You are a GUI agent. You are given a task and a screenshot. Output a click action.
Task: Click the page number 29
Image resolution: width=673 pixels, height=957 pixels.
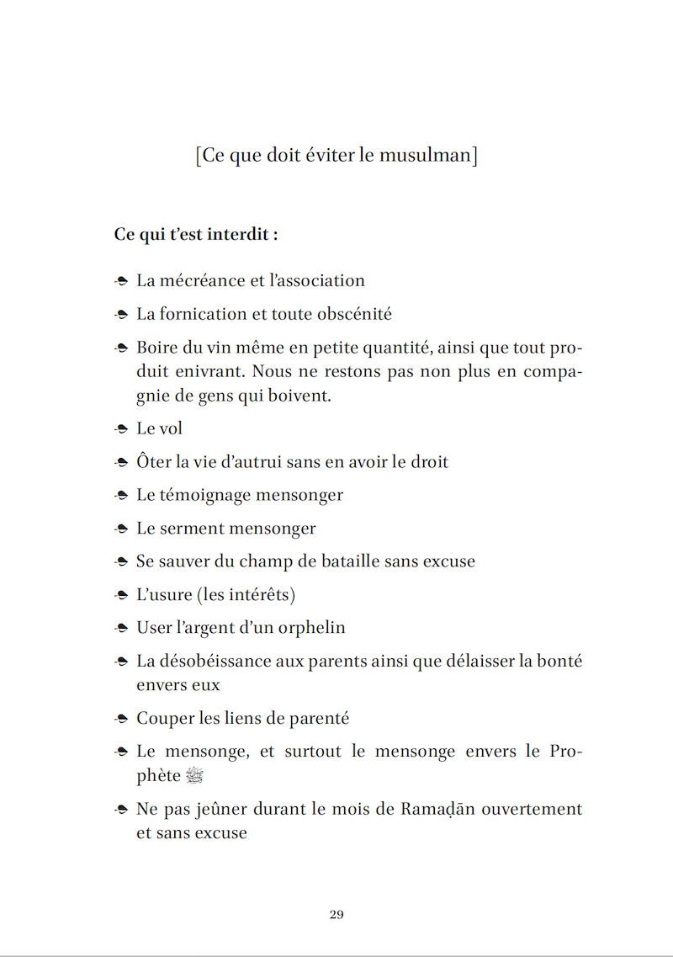pos(336,915)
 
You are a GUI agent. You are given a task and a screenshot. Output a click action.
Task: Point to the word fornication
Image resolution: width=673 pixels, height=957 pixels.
pos(200,314)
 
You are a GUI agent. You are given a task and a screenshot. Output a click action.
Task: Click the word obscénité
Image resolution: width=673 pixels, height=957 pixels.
pos(354,314)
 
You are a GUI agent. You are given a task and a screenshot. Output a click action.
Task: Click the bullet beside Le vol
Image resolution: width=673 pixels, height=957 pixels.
pos(121,429)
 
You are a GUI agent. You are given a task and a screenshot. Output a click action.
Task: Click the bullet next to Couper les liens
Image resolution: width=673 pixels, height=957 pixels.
pos(121,720)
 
